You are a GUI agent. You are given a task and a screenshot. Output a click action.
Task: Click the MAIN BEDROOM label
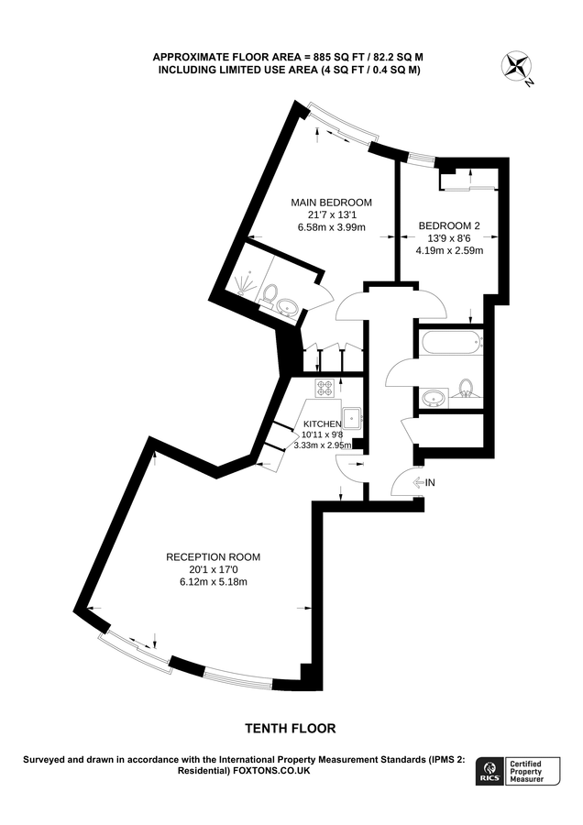(332, 202)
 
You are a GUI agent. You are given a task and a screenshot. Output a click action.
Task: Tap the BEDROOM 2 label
(449, 225)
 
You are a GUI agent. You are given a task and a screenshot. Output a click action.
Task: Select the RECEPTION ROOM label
(213, 556)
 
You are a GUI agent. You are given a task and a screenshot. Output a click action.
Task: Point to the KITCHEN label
(323, 424)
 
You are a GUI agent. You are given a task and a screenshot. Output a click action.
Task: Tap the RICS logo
(489, 771)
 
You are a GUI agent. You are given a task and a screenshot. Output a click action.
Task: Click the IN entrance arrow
(424, 482)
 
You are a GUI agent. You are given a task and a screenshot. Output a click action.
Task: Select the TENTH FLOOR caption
(291, 728)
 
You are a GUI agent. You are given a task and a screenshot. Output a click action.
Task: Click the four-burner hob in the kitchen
(325, 389)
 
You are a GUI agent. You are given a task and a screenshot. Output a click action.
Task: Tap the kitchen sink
(351, 418)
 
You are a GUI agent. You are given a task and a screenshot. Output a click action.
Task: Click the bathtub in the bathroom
(451, 343)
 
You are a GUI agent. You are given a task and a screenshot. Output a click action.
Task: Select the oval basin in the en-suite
(288, 307)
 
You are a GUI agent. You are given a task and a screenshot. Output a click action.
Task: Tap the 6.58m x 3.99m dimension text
(332, 227)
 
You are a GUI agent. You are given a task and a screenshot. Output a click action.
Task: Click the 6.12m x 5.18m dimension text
(213, 582)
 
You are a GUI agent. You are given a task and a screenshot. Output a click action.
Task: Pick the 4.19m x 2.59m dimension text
(449, 250)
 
